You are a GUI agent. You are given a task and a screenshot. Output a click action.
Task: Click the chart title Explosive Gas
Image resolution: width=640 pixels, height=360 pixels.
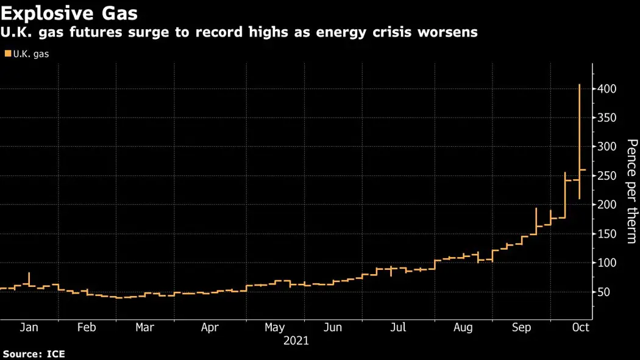(x=69, y=13)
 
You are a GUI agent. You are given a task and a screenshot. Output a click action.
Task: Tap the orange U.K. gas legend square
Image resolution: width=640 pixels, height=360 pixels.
(x=7, y=54)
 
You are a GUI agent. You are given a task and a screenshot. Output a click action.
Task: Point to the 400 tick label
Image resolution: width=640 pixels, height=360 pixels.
(x=606, y=89)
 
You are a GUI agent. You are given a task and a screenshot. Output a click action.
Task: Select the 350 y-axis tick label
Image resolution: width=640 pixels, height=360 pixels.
(x=606, y=118)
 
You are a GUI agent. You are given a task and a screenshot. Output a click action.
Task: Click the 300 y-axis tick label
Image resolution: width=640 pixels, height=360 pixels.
(x=606, y=147)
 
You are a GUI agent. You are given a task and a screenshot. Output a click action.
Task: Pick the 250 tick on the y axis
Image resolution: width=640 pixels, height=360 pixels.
(x=606, y=176)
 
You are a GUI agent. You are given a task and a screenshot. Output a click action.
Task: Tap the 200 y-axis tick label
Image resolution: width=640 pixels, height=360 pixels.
(x=606, y=205)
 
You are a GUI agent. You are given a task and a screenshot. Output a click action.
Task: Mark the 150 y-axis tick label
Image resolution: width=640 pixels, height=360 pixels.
(x=606, y=235)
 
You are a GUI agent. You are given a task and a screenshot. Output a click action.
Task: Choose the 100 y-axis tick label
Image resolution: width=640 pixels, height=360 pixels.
(x=606, y=263)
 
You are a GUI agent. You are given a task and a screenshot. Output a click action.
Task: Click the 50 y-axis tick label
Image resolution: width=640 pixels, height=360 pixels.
(x=603, y=292)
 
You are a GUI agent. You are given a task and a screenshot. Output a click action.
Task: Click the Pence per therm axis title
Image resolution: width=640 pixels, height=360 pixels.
(x=632, y=191)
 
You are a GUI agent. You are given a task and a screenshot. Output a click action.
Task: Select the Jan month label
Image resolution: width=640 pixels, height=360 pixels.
(x=29, y=328)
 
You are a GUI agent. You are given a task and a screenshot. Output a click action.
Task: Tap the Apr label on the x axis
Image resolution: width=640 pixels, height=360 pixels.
(x=210, y=328)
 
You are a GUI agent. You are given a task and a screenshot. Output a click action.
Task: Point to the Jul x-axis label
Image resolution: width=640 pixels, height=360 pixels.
(x=397, y=328)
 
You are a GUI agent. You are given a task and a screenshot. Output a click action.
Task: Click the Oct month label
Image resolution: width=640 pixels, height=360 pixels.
(x=581, y=328)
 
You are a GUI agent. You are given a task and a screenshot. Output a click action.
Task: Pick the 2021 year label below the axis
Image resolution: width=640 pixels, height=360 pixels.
(x=296, y=341)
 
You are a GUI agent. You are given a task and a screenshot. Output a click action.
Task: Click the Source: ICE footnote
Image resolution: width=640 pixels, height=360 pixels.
(x=34, y=353)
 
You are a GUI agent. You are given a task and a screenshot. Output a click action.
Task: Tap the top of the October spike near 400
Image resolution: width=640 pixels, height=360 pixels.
(x=579, y=85)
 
